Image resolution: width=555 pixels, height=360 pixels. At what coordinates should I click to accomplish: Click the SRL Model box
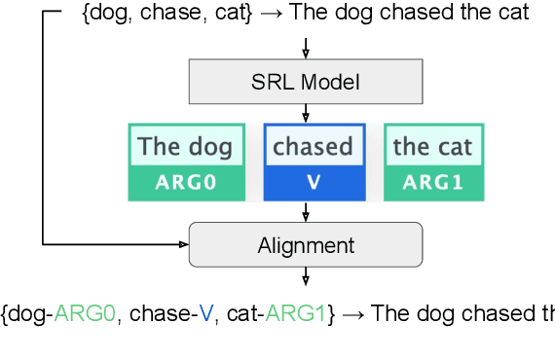coord(306,83)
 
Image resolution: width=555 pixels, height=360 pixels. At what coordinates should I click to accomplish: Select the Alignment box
coord(306,245)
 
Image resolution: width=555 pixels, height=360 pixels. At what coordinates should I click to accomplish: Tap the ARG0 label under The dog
coord(185,182)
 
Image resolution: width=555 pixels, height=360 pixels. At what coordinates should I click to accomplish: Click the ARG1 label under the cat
coord(433,182)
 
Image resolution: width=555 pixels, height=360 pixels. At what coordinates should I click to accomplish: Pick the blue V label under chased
coord(314,182)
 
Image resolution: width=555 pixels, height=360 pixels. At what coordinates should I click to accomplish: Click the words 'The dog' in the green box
coord(185,147)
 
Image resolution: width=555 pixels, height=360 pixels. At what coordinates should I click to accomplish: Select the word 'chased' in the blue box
coord(314,147)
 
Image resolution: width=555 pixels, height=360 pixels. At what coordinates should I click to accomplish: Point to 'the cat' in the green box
coord(433,147)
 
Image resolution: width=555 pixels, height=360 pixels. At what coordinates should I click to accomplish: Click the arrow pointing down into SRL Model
coord(306,49)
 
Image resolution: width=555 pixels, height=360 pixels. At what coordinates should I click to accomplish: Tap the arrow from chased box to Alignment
coord(306,212)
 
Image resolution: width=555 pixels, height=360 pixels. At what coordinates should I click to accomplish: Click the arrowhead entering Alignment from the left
coord(182,243)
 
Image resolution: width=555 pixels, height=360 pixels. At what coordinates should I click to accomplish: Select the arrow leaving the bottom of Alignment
coord(306,276)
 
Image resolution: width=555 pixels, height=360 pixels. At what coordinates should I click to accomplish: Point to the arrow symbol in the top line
coord(273,14)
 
